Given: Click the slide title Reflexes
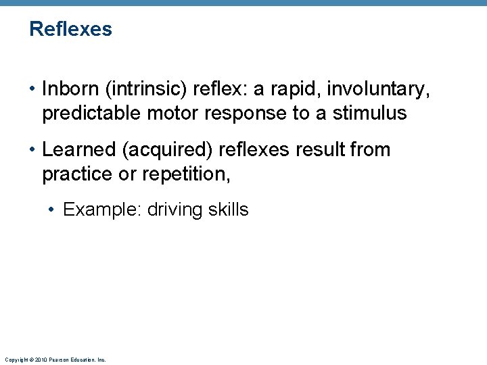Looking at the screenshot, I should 70,30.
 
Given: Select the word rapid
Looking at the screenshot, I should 293,89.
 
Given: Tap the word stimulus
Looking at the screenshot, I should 370,113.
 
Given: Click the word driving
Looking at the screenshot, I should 175,210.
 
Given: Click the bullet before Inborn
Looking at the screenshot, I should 32,89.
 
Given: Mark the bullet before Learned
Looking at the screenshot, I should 32,150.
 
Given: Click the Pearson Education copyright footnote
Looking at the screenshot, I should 55,360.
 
